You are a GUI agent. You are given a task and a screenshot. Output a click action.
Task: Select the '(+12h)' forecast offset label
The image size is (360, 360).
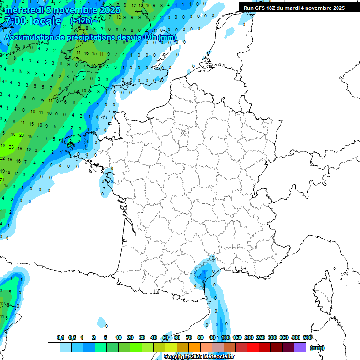click(81, 21)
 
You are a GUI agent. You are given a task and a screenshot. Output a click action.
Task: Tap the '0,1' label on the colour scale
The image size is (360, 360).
click(60, 337)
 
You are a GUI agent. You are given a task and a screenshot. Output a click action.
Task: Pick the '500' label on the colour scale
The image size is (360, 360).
click(307, 337)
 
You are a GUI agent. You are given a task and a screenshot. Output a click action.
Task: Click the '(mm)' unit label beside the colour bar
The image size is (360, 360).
click(317, 348)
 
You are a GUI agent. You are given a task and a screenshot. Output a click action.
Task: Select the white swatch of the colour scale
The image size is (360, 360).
click(54, 347)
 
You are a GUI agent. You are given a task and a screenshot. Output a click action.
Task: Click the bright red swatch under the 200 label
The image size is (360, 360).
click(253, 347)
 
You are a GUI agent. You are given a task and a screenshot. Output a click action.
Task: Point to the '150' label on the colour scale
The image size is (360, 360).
click(237, 337)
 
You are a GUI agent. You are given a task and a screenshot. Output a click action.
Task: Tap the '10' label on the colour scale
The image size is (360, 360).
click(119, 337)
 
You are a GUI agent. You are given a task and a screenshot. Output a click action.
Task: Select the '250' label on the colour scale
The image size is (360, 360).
click(261, 337)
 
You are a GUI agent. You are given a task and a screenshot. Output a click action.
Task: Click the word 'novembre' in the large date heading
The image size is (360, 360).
click(75, 10)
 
